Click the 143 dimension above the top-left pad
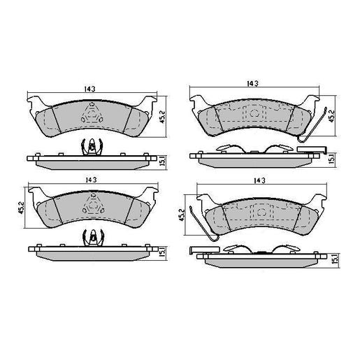tap(89, 89)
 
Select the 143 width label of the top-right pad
tap(252, 83)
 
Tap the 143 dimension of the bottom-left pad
tap(91, 180)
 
